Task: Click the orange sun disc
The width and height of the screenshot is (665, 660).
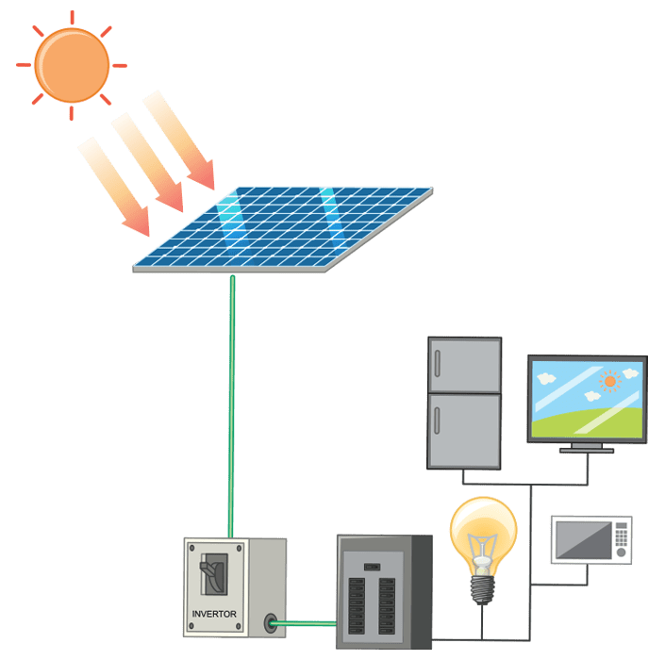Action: click(71, 63)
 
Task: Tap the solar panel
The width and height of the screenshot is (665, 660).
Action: click(283, 228)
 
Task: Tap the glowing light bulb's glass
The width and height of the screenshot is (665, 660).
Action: click(483, 528)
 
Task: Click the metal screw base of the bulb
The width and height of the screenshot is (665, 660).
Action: click(483, 587)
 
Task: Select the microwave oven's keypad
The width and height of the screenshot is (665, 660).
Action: click(620, 539)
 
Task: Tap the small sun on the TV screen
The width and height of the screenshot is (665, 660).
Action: click(609, 381)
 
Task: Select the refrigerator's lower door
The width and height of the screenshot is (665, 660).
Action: click(464, 429)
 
